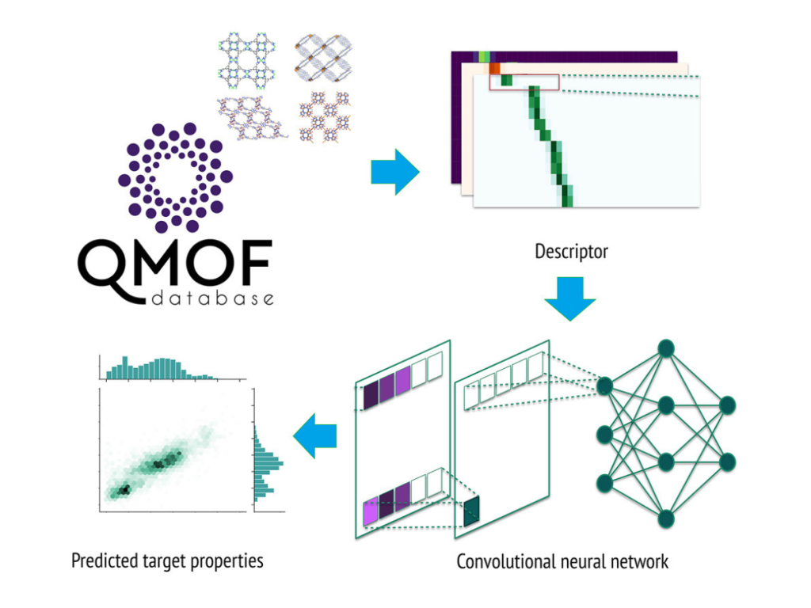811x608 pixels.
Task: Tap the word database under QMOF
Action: pyautogui.click(x=215, y=299)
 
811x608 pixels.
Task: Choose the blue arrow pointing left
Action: pyautogui.click(x=315, y=435)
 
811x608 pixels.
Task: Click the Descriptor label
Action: pyautogui.click(x=571, y=252)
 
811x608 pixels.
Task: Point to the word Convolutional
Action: pyautogui.click(x=506, y=562)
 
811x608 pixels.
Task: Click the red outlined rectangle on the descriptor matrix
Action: pyautogui.click(x=524, y=82)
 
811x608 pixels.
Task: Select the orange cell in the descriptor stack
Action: pyautogui.click(x=493, y=68)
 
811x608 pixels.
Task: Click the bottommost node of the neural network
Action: pyautogui.click(x=666, y=519)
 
